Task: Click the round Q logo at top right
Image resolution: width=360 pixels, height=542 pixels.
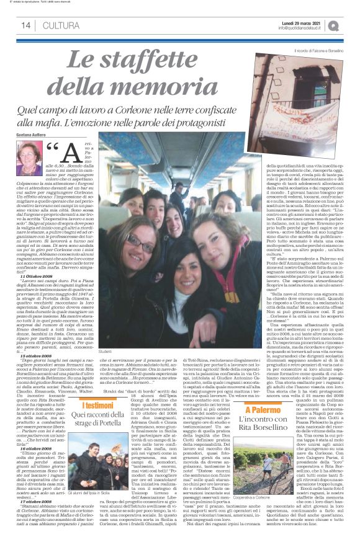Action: coord(352,24)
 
